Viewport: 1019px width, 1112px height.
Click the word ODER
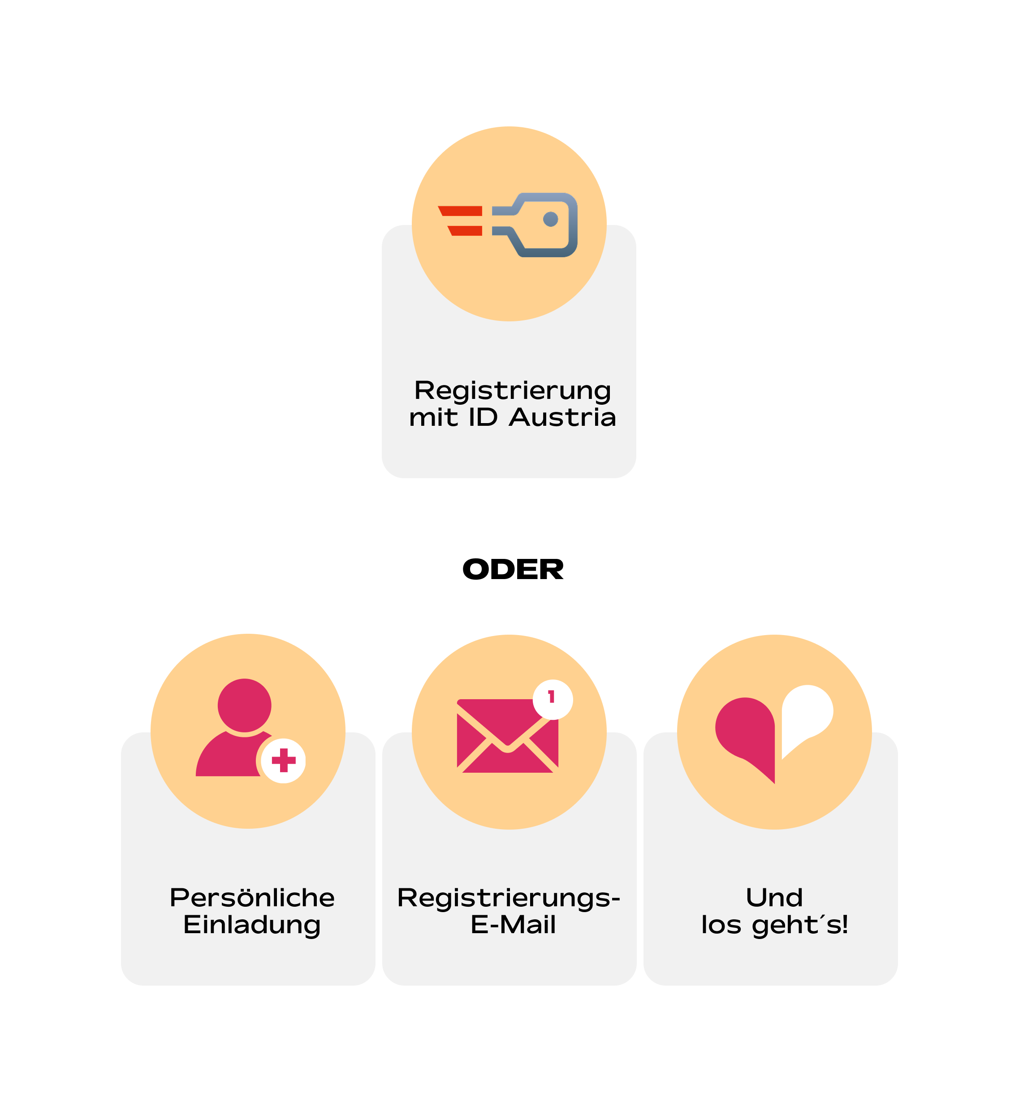point(513,570)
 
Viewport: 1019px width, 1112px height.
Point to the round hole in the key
point(550,220)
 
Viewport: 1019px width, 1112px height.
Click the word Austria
point(562,418)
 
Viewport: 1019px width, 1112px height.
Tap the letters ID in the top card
point(483,418)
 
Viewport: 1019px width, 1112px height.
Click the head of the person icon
point(244,705)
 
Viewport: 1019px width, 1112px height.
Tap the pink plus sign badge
point(283,761)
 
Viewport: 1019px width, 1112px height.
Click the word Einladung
point(252,925)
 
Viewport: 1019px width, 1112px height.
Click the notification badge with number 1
point(553,699)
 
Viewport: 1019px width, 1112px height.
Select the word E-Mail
point(513,925)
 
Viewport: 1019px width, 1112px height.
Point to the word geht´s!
point(800,925)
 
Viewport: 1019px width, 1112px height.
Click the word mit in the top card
point(433,418)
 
